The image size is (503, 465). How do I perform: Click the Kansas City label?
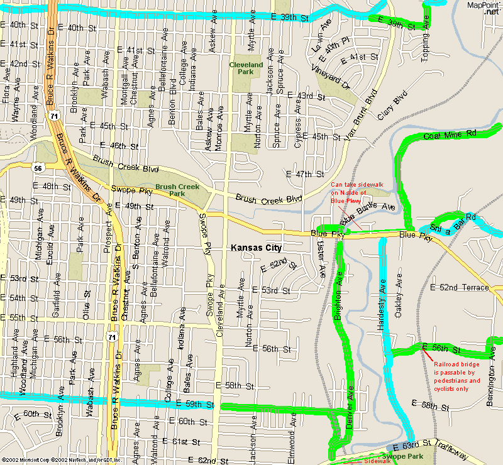[257, 248]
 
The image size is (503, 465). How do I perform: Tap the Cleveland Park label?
[246, 68]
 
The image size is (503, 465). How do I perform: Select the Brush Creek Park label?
[177, 190]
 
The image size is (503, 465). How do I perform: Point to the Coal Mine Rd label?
[450, 135]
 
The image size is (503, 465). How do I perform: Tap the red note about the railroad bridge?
[457, 376]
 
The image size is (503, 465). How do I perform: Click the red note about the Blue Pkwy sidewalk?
[352, 192]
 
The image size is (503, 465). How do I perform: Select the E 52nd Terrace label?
[459, 287]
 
